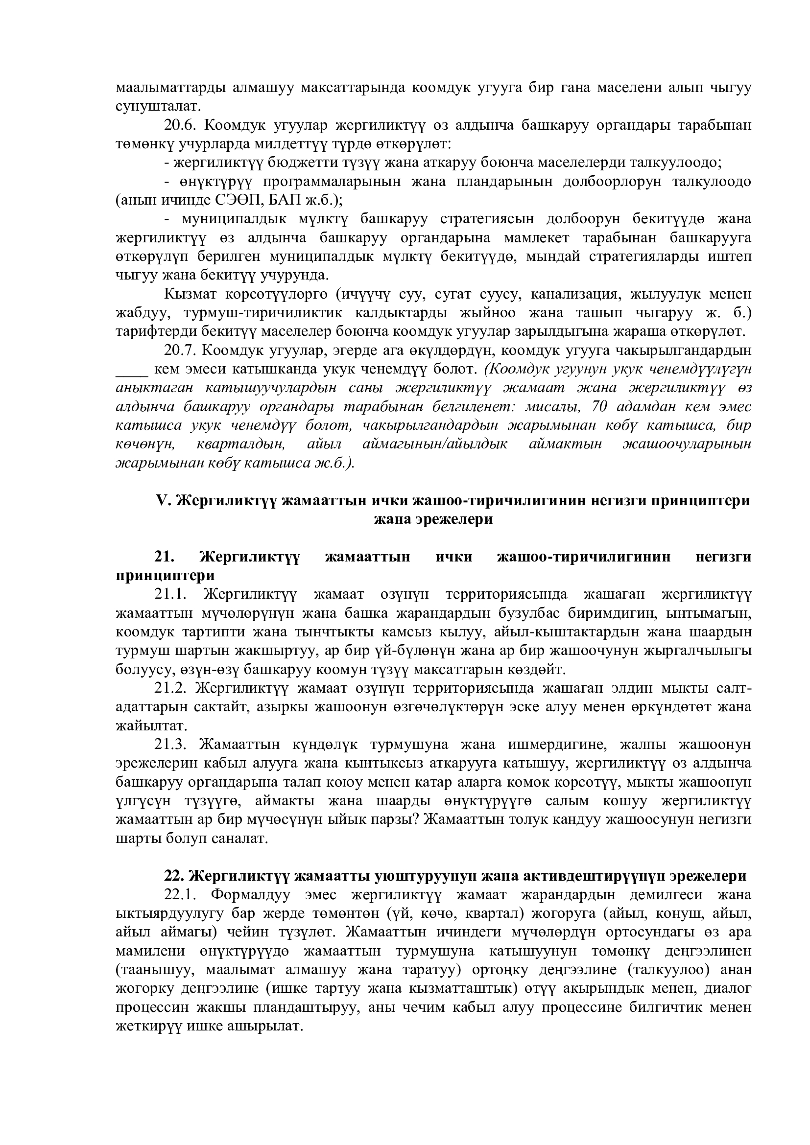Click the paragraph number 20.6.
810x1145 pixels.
(179, 125)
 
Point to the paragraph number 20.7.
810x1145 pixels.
(179, 351)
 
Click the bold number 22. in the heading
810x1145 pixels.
(174, 876)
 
